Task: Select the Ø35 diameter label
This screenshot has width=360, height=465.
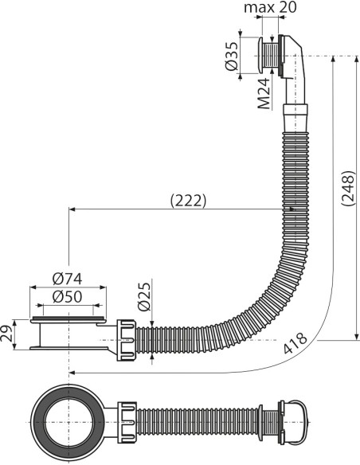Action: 232,55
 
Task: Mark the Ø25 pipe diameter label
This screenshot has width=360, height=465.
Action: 143,296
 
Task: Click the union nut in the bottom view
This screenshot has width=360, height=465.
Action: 127,419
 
